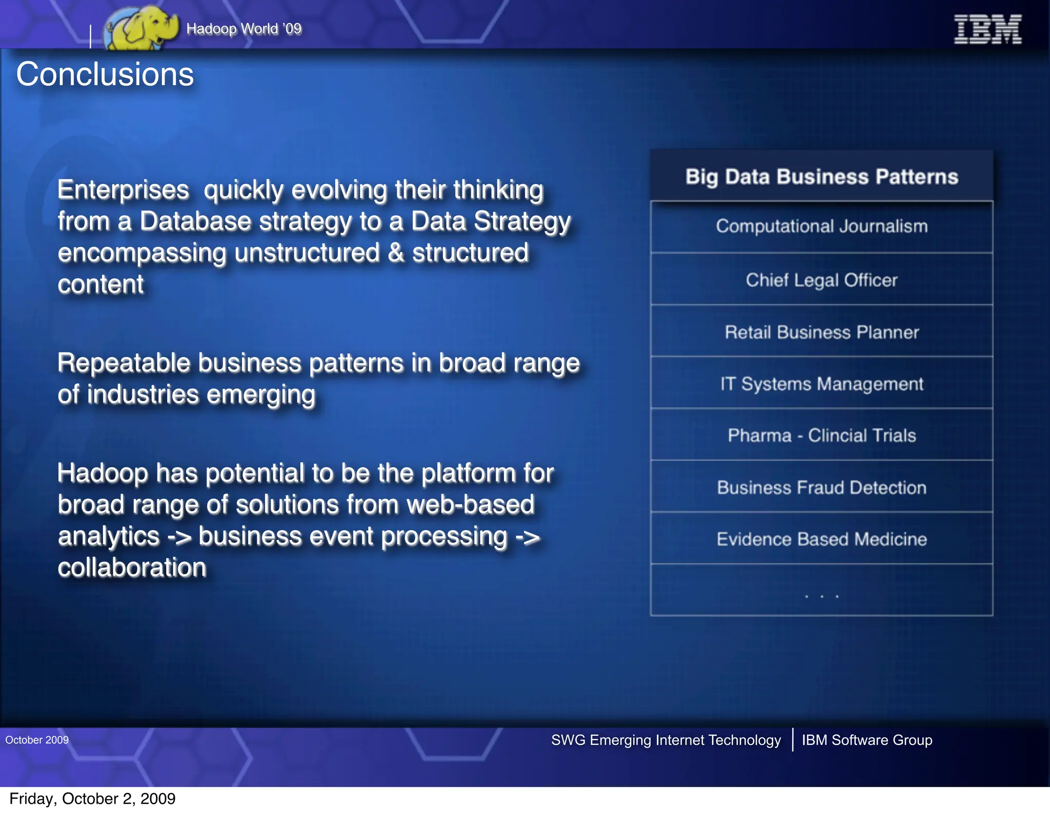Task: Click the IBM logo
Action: tap(987, 29)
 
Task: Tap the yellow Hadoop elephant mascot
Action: tap(141, 28)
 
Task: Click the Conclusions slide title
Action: tap(105, 74)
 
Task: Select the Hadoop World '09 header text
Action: tap(244, 29)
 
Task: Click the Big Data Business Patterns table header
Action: tap(822, 177)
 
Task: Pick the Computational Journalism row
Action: tap(822, 226)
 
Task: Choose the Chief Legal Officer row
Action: tap(822, 280)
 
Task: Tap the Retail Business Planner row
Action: tap(822, 332)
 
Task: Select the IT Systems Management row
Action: tap(822, 384)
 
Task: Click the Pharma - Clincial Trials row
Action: tap(822, 435)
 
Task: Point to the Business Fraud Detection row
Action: tap(822, 488)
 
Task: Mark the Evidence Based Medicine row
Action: tap(822, 539)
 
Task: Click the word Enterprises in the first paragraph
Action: tap(123, 190)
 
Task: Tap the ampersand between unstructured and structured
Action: tap(396, 253)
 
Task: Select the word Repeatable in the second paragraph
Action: tap(124, 363)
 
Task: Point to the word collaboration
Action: tap(132, 568)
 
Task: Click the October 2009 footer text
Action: tap(37, 740)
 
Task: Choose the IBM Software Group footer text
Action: tap(867, 740)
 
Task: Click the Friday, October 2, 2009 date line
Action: tap(92, 799)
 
